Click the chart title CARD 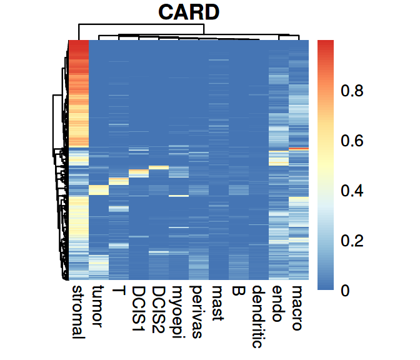(188, 12)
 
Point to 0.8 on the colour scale (351, 91)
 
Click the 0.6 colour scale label (351, 141)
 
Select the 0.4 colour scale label (351, 191)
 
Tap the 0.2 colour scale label (351, 241)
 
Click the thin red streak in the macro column (299, 148)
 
